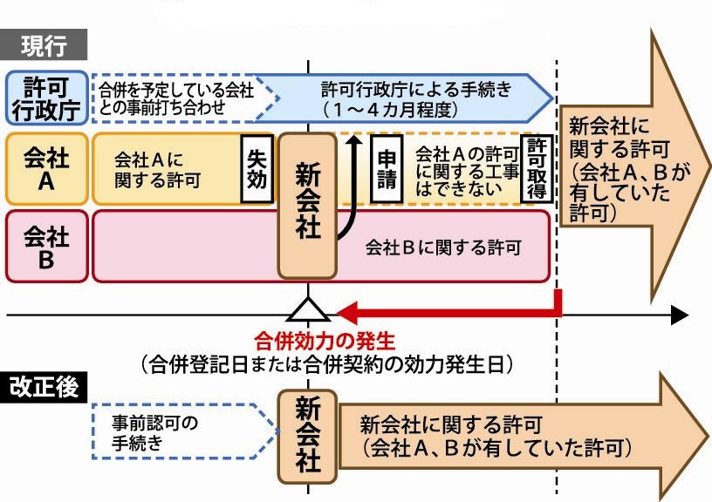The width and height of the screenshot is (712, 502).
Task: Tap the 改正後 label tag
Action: click(44, 386)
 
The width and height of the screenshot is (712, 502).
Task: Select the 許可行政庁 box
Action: click(46, 97)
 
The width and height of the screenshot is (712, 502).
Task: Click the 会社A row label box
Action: click(46, 169)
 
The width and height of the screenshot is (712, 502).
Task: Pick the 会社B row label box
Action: click(46, 246)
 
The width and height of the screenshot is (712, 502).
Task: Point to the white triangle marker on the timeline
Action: click(307, 309)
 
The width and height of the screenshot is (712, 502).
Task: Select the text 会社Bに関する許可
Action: click(442, 247)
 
